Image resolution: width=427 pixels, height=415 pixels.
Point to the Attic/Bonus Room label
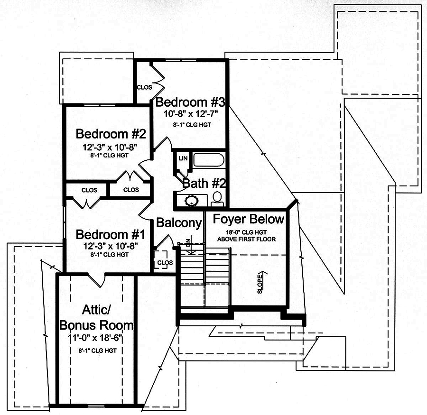pyautogui.click(x=96, y=318)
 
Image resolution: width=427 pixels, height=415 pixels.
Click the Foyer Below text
pyautogui.click(x=248, y=220)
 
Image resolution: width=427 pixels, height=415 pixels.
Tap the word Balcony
pyautogui.click(x=179, y=223)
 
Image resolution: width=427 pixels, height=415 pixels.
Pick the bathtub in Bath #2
pyautogui.click(x=208, y=160)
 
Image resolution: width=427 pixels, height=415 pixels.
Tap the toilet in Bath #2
pyautogui.click(x=217, y=199)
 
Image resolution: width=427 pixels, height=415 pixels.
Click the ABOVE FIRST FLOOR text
pyautogui.click(x=247, y=239)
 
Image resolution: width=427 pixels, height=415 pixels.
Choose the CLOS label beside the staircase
pyautogui.click(x=164, y=262)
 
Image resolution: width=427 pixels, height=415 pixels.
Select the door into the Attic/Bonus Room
pyautogui.click(x=99, y=281)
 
